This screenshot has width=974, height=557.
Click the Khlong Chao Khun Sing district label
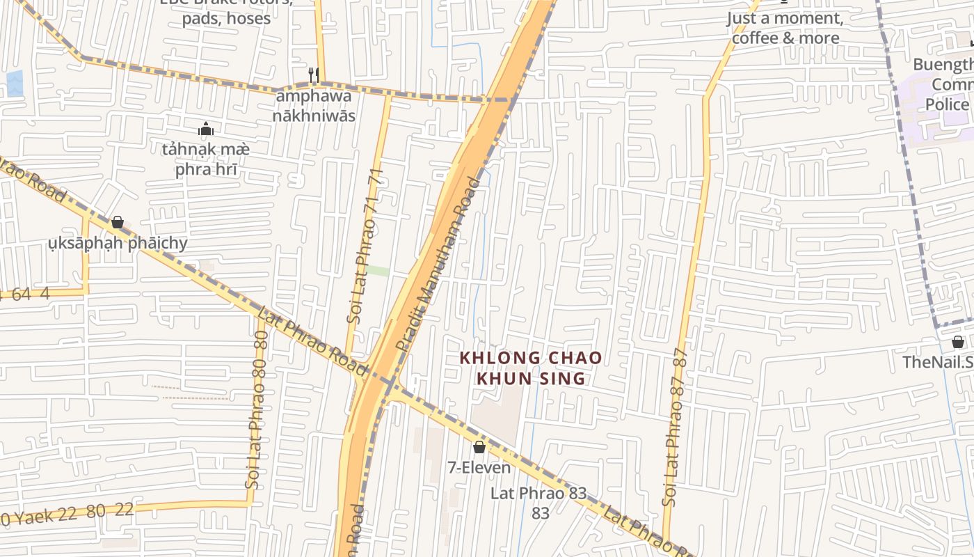tap(530, 368)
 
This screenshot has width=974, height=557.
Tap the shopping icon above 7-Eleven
tap(479, 447)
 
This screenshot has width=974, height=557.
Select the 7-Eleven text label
tap(479, 467)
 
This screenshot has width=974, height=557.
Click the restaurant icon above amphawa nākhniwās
tap(313, 74)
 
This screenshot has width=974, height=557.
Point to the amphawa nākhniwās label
tap(313, 106)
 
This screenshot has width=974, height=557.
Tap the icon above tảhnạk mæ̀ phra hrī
tap(205, 129)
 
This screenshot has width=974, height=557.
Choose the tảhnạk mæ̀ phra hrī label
tap(205, 159)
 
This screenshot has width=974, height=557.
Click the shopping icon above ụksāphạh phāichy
tap(117, 222)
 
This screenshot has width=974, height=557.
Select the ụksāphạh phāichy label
tap(118, 243)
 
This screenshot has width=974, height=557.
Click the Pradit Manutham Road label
tap(438, 265)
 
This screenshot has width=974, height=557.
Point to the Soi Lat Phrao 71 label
tap(366, 247)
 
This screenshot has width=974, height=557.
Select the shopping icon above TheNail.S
tap(958, 342)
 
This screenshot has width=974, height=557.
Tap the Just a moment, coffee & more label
tap(785, 28)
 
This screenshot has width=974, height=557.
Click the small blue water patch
tap(14, 83)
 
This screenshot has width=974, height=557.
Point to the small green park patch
tap(378, 271)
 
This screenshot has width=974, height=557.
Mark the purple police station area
tap(932, 104)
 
